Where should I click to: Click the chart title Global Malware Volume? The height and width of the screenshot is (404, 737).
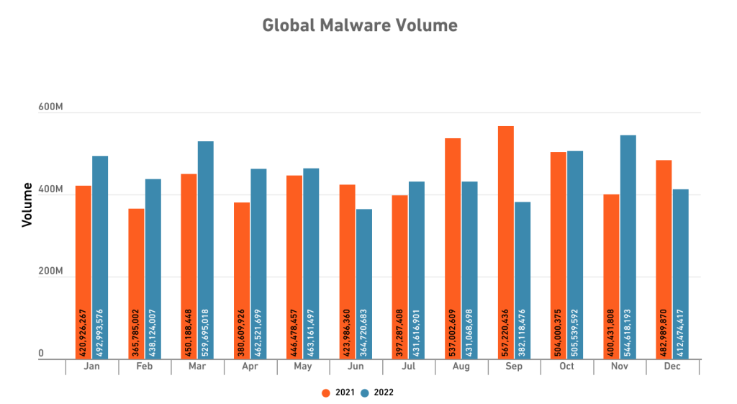point(359,25)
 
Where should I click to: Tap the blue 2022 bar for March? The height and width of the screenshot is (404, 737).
point(206,249)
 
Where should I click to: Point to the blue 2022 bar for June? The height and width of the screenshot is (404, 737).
point(364,284)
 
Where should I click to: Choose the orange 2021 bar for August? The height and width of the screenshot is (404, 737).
point(453,248)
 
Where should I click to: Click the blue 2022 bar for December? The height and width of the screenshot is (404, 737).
point(681,274)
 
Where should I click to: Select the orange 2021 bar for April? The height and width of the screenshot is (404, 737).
point(242,280)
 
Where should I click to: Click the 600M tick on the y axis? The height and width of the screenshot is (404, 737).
point(50,107)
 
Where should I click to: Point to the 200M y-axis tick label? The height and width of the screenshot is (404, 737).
point(50,272)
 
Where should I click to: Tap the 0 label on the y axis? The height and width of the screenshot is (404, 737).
point(41,354)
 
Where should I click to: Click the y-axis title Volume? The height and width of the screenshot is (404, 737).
point(27,205)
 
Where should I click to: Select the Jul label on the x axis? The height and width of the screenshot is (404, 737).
point(409,367)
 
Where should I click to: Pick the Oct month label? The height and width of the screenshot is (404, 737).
point(567,367)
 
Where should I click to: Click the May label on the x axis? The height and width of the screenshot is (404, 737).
point(303,367)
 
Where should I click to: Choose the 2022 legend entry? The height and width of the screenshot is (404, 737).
point(378,392)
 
